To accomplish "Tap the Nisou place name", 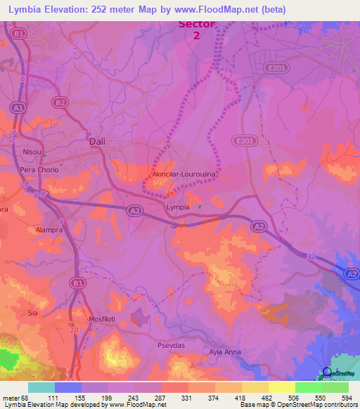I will click(x=32, y=150).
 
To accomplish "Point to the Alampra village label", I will click(x=49, y=230).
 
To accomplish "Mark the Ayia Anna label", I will click(x=225, y=351).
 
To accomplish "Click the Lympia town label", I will click(x=177, y=208).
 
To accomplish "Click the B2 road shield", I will click(x=61, y=103).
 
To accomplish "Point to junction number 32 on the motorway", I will click(x=310, y=257).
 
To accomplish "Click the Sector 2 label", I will click(x=197, y=29).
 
